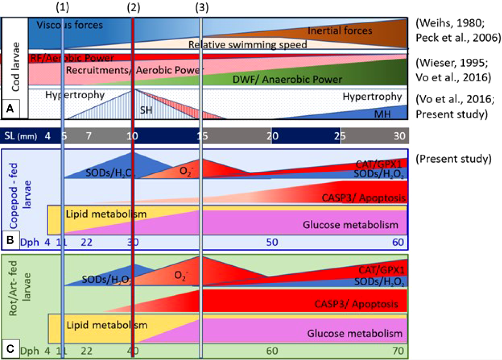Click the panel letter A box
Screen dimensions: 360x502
pos(10,109)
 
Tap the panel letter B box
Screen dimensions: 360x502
pos(10,240)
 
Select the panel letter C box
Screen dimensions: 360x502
pos(10,349)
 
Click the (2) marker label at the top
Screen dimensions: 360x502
pos(133,7)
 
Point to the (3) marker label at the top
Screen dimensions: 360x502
pos(202,7)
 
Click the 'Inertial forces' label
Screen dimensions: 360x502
pos(340,31)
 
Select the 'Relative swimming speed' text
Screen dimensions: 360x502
pos(248,45)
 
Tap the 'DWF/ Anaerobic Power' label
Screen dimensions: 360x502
pos(287,80)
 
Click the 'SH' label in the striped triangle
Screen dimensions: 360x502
pos(146,110)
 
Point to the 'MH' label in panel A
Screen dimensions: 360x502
pos(382,114)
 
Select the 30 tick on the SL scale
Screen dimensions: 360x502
pos(400,136)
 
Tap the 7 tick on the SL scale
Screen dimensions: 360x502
pos(88,136)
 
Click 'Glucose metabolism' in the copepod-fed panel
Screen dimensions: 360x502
pos(350,225)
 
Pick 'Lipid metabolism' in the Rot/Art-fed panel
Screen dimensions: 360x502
pos(107,325)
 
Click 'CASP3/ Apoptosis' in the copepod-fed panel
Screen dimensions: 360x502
pos(363,198)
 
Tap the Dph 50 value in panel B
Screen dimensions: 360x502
pos(272,242)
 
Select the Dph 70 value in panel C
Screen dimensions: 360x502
pos(398,351)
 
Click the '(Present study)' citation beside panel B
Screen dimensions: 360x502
pos(453,159)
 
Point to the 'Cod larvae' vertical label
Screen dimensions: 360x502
pos(15,67)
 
